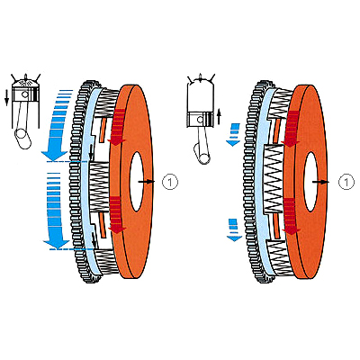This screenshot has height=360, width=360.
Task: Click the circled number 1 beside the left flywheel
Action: click(170, 182)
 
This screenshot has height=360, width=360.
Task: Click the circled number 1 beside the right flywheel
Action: click(346, 182)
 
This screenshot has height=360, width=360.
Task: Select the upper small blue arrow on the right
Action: click(233, 135)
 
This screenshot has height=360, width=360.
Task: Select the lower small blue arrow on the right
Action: click(234, 230)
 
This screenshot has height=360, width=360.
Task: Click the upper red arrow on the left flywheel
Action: click(117, 127)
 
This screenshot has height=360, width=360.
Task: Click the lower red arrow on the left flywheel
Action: click(117, 214)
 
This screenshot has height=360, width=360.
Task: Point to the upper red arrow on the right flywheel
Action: click(291, 129)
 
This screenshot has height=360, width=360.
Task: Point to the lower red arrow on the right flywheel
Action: click(291, 216)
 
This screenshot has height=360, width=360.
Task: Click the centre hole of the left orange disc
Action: click(137, 182)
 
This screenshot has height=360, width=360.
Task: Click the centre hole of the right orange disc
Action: click(310, 182)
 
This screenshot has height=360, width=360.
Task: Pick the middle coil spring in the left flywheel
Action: click(99, 186)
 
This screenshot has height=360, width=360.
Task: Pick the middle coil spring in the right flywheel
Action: click(274, 179)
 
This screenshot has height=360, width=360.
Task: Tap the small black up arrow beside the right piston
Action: click(219, 117)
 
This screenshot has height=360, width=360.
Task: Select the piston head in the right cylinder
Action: click(201, 120)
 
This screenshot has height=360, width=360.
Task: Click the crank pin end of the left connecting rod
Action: click(22, 138)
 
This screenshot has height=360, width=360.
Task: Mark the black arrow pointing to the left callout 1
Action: click(147, 182)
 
